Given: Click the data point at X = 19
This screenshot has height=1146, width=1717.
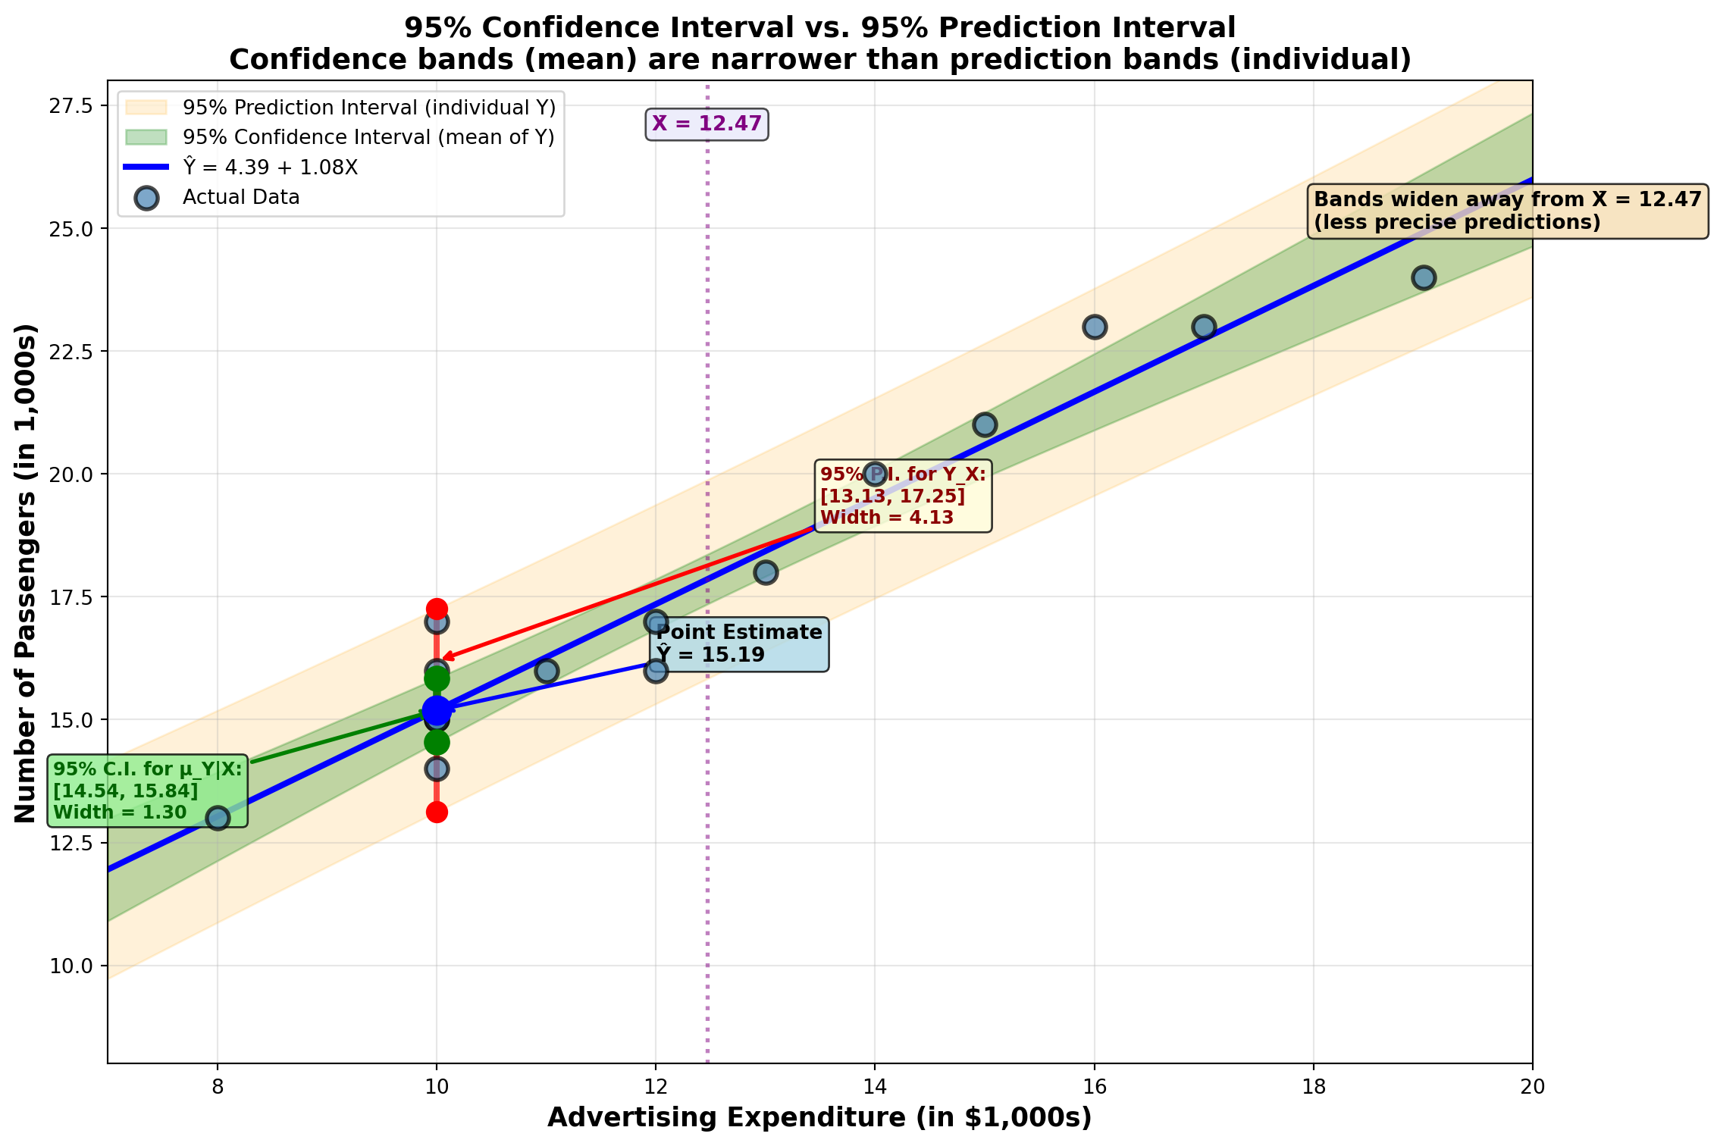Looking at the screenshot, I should pyautogui.click(x=1423, y=277).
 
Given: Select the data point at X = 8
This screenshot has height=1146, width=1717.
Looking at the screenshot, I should pyautogui.click(x=218, y=818).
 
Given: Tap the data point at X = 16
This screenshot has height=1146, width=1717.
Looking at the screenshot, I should pyautogui.click(x=1094, y=327).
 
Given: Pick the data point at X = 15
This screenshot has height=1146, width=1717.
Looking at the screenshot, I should pyautogui.click(x=984, y=424).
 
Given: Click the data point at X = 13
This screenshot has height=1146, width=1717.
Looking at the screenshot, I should pyautogui.click(x=766, y=572).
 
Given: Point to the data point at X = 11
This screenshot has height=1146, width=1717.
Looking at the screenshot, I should pyautogui.click(x=547, y=671).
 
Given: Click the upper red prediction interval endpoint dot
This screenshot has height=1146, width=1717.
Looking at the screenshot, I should pyautogui.click(x=437, y=609).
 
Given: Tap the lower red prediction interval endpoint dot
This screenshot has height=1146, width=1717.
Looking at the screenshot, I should pyautogui.click(x=437, y=813).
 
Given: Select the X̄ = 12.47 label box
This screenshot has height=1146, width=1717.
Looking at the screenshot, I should pyautogui.click(x=707, y=124).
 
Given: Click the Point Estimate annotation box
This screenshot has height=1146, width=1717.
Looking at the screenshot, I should pyautogui.click(x=739, y=643).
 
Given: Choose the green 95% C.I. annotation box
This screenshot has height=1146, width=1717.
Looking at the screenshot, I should pyautogui.click(x=148, y=791).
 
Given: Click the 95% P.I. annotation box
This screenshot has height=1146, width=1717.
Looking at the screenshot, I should pyautogui.click(x=903, y=496).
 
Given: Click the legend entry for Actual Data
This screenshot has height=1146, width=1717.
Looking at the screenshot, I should pyautogui.click(x=241, y=198).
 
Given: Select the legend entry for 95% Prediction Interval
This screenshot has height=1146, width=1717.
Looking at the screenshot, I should pyautogui.click(x=368, y=108).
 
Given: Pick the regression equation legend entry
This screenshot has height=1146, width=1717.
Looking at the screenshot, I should pyautogui.click(x=270, y=168).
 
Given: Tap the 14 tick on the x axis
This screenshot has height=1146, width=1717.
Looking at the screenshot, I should pyautogui.click(x=875, y=1087).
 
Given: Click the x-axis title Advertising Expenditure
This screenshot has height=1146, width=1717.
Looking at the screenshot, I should pyautogui.click(x=819, y=1118).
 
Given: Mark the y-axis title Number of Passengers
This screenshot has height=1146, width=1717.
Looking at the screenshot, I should pyautogui.click(x=25, y=573).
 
